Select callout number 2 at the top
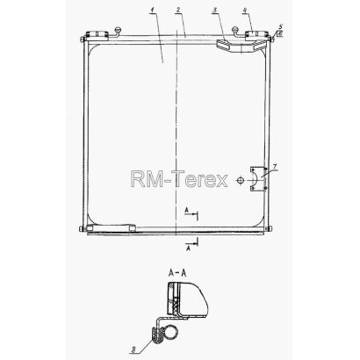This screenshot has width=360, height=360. click(x=177, y=10)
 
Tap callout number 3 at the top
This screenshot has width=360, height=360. click(x=215, y=11)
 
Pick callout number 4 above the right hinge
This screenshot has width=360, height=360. click(x=245, y=11)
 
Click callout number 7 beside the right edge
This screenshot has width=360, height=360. click(x=274, y=166)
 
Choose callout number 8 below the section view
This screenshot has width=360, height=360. click(x=133, y=349)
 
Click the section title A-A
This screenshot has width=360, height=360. click(x=177, y=273)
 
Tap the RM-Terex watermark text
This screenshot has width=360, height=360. click(x=179, y=179)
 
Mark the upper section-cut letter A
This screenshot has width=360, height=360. click(x=186, y=210)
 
